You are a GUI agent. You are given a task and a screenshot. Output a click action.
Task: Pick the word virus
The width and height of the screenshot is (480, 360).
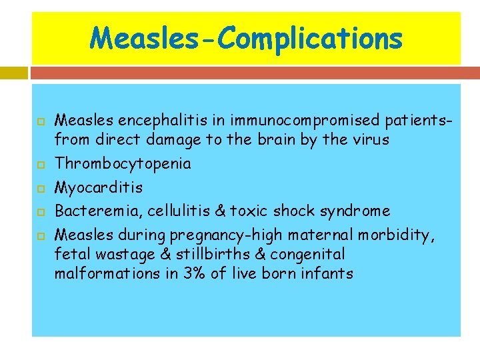pyautogui.click(x=373, y=140)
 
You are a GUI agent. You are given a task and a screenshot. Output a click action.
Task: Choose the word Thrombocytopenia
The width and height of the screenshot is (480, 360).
pyautogui.click(x=123, y=164)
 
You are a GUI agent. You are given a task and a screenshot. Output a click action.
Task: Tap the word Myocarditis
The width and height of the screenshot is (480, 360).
pyautogui.click(x=99, y=187)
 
